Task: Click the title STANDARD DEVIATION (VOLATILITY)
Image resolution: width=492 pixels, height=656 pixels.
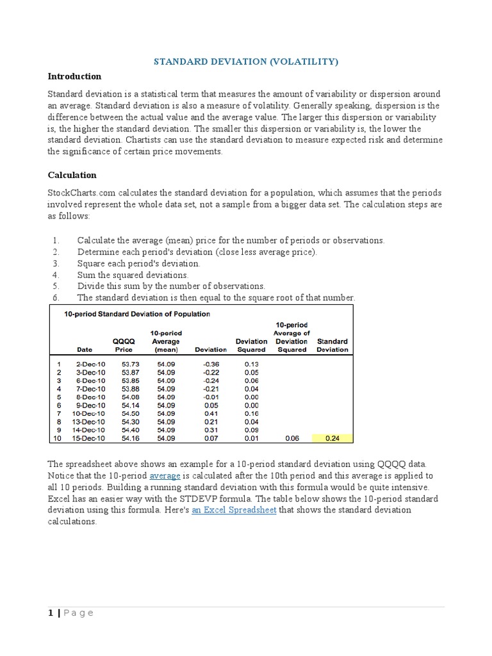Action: tap(245, 61)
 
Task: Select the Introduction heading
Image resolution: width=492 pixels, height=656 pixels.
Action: tap(75, 76)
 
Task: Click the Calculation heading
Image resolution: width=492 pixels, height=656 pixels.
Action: tap(72, 175)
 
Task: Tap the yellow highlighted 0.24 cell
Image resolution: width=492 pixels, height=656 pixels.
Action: tap(332, 438)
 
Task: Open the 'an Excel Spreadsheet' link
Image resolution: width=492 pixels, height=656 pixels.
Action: tap(234, 510)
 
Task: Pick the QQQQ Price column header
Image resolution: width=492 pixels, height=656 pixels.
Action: tap(124, 346)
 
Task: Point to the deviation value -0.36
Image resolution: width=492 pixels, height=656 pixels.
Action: tap(211, 363)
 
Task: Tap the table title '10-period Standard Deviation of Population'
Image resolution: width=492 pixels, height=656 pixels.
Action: tap(136, 315)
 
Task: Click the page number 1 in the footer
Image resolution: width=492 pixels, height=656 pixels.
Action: tap(51, 613)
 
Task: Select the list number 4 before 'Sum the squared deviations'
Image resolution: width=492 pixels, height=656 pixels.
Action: tap(56, 275)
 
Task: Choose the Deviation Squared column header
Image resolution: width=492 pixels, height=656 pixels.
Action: tap(251, 346)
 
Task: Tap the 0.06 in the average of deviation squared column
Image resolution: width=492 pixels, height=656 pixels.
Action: tap(291, 438)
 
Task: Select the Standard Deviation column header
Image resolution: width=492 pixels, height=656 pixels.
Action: tap(332, 346)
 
